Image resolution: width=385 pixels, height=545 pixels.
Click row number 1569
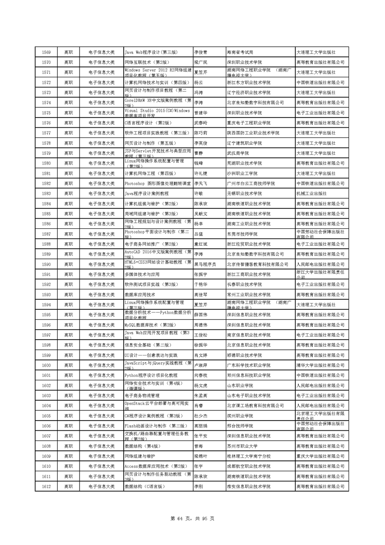pos(47,52)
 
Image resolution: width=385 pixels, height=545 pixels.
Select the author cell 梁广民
pos(201,62)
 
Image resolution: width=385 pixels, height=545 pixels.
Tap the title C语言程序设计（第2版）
pos(144,123)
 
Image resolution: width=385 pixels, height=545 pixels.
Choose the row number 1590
pos(47,264)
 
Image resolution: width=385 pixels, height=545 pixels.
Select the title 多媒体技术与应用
pos(142,274)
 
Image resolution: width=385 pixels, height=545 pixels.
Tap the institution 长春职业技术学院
pos(244,284)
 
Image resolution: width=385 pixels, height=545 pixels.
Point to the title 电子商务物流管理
pos(142,395)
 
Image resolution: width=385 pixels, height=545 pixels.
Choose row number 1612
pos(47,486)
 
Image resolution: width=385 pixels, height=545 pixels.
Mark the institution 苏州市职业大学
pos(242,446)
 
